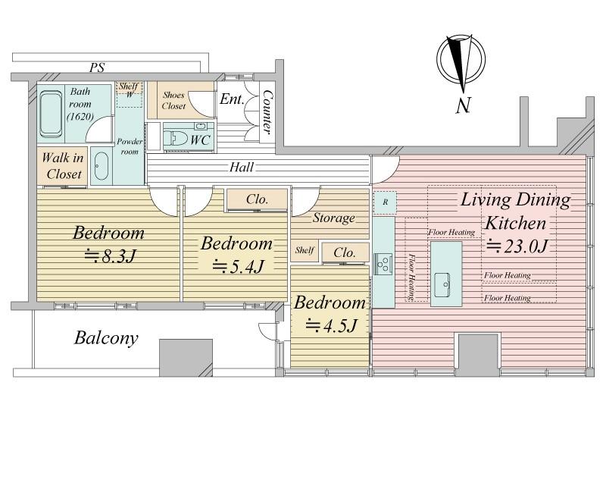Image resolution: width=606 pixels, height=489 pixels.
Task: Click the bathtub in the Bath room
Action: [x=51, y=114]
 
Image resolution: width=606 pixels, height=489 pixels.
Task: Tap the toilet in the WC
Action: [x=175, y=139]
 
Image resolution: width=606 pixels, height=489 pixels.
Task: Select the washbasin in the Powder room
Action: [x=102, y=166]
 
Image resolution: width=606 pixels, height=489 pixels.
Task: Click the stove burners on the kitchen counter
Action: [x=383, y=265]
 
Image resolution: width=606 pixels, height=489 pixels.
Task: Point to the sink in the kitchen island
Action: [x=442, y=285]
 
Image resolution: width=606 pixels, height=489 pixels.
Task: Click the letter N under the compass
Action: [x=463, y=105]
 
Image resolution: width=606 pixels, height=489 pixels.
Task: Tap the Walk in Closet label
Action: [x=63, y=166]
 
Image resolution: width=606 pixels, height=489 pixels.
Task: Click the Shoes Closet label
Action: [x=174, y=100]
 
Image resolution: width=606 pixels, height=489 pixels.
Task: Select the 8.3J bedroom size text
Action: [x=110, y=255]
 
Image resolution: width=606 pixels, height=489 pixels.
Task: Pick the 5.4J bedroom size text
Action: [x=238, y=266]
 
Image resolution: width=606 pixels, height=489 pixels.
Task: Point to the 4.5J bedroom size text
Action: [x=330, y=325]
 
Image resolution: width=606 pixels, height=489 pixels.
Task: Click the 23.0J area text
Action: [x=516, y=246]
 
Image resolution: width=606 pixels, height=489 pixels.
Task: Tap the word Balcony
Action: [x=106, y=337]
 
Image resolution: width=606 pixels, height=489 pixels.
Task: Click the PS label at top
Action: [x=97, y=67]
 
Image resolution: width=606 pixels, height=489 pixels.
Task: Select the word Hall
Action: [x=242, y=167]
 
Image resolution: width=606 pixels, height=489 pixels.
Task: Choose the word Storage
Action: [x=333, y=218]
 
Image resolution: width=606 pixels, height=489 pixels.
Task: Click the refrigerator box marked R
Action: [x=386, y=202]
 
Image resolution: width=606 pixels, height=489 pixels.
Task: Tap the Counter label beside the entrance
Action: [x=266, y=111]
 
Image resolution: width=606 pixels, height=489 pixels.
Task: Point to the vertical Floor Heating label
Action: [x=411, y=277]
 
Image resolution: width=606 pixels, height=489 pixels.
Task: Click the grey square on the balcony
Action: [x=186, y=358]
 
